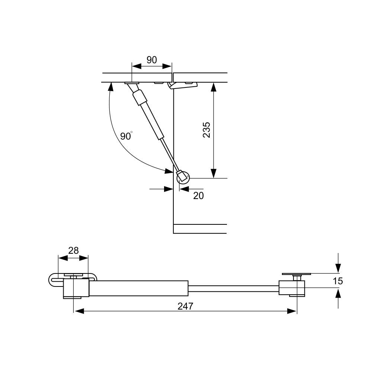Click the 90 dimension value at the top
tap(151, 60)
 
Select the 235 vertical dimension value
tap(206, 130)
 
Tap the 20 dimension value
tap(198, 195)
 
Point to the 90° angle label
tap(126, 136)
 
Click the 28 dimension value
tap(73, 250)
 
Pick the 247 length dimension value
tap(185, 306)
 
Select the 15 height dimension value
tap(337, 281)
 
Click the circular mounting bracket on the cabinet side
tap(183, 177)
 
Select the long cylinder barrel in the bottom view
tap(138, 288)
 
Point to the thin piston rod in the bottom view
tap(233, 288)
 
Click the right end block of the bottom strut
tap(292, 288)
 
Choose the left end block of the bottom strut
tap(76, 289)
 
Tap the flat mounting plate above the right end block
tap(296, 274)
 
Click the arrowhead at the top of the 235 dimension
tap(213, 87)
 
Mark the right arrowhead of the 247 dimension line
tap(292, 311)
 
